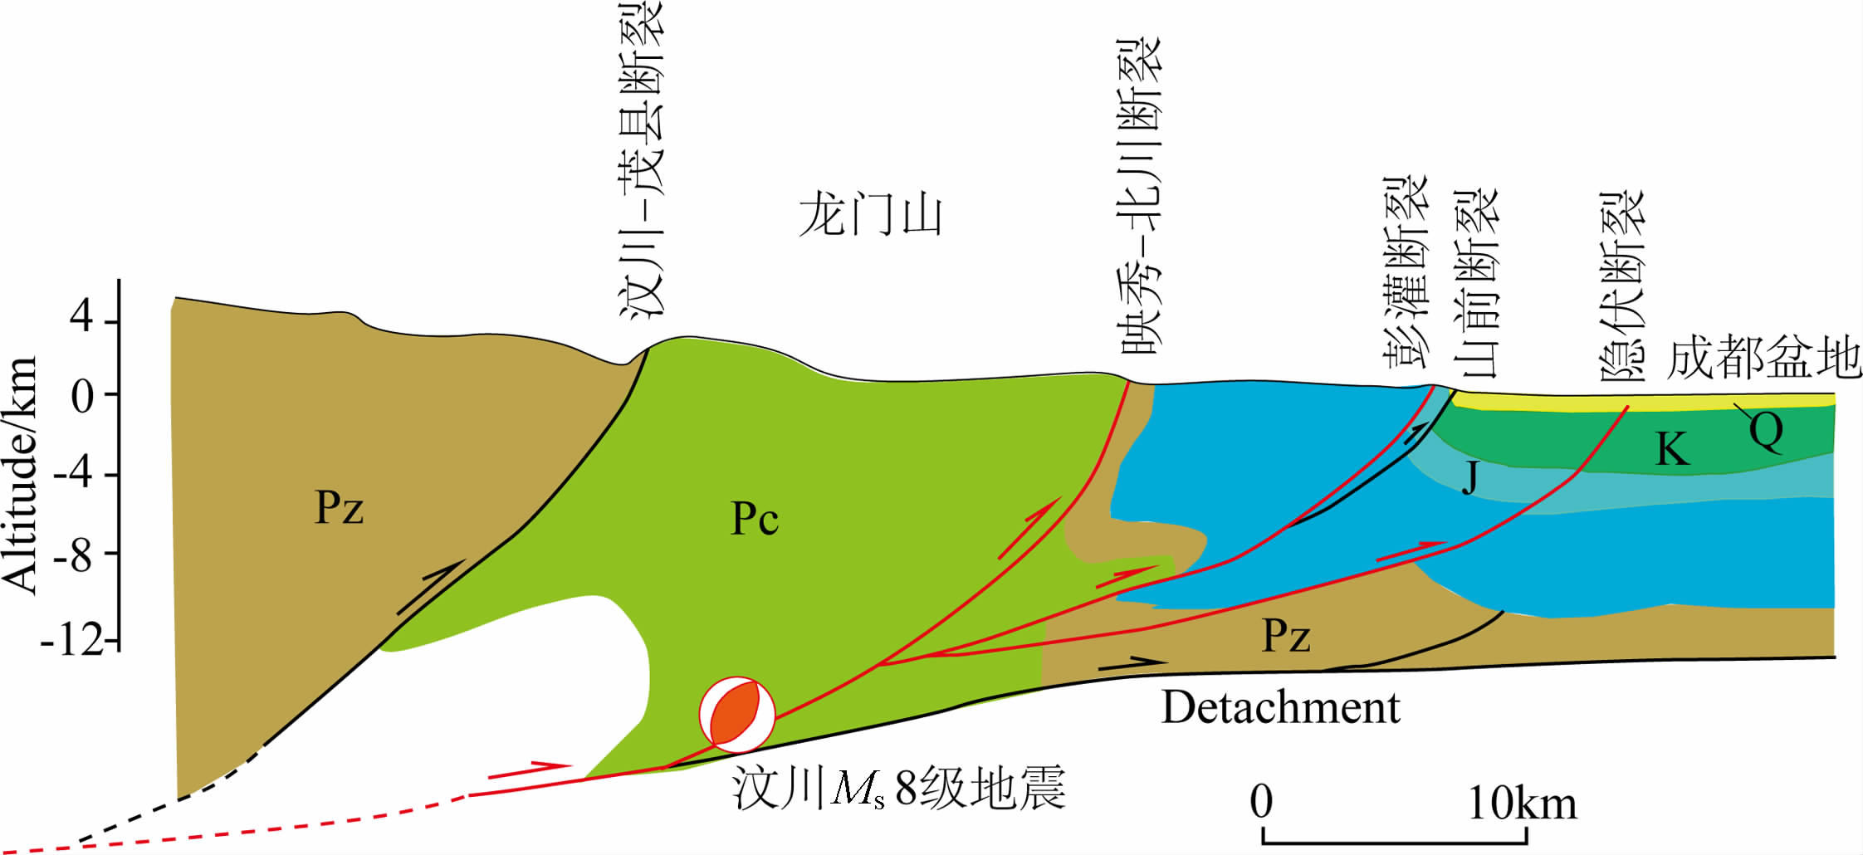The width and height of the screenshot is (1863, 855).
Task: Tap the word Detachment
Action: [1279, 708]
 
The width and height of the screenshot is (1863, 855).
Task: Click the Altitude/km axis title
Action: [20, 475]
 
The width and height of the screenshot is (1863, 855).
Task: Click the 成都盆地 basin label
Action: [1763, 359]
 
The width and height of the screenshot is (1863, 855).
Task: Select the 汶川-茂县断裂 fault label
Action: [643, 158]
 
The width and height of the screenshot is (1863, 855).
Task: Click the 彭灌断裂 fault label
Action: [1405, 271]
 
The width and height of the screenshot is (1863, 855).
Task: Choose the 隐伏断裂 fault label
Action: [1621, 286]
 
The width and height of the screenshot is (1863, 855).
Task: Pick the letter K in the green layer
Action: [1672, 450]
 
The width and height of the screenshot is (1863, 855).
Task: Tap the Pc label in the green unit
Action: [754, 519]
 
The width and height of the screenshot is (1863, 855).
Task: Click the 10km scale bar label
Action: [1522, 803]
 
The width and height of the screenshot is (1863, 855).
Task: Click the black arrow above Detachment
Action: [1132, 663]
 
